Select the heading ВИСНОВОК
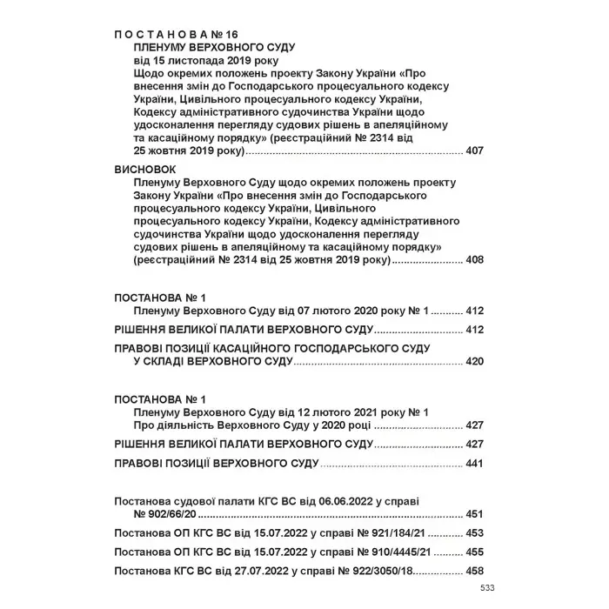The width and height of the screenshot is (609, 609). point(144,171)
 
